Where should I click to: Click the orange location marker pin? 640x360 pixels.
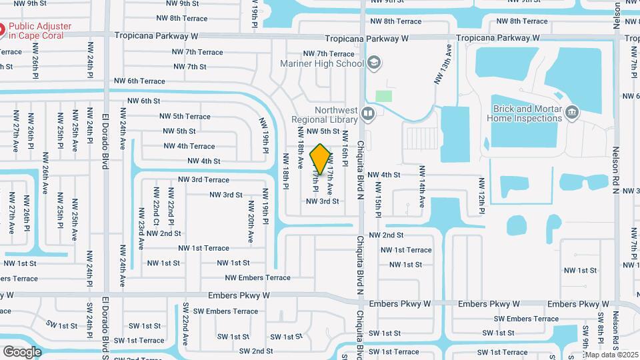click(x=321, y=159)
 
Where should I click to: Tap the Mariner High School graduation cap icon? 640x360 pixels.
click(x=374, y=63)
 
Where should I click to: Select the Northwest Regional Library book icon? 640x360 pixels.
click(x=367, y=114)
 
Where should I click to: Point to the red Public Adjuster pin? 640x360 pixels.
click(x=2, y=30)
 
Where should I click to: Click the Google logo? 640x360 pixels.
click(x=22, y=351)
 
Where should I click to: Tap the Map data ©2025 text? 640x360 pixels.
click(x=611, y=355)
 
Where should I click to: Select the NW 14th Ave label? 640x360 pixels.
click(x=422, y=189)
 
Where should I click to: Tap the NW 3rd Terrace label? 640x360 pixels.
click(x=203, y=180)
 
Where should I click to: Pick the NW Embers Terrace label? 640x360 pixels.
click(x=257, y=278)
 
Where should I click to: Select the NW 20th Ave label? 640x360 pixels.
click(x=251, y=228)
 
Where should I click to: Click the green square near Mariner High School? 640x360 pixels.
click(x=383, y=96)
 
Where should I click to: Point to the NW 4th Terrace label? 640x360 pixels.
click(x=189, y=146)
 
